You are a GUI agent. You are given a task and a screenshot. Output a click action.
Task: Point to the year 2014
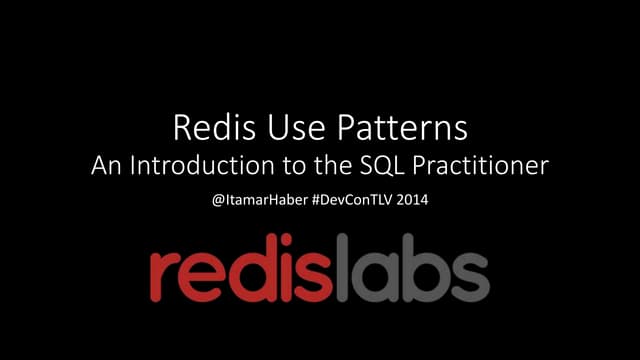(417, 200)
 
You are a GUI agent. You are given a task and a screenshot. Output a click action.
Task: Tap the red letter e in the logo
(208, 273)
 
